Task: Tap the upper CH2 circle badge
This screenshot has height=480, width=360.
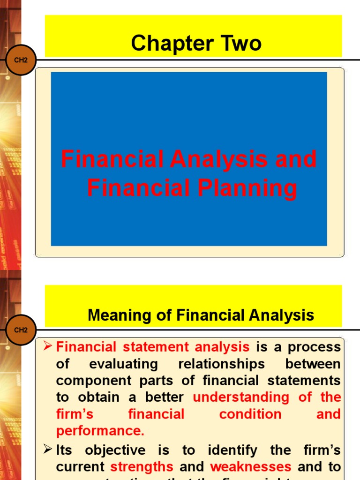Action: (21, 60)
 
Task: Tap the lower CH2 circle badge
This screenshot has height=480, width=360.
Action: (21, 330)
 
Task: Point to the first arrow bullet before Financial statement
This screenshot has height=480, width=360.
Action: (46, 346)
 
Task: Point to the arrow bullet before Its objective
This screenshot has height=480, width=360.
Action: (46, 450)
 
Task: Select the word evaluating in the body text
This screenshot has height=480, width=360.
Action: (123, 364)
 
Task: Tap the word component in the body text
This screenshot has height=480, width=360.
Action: (90, 381)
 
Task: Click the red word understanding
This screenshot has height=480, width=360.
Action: (241, 397)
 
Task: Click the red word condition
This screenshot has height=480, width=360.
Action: (250, 414)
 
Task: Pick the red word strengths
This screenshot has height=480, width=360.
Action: (142, 467)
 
